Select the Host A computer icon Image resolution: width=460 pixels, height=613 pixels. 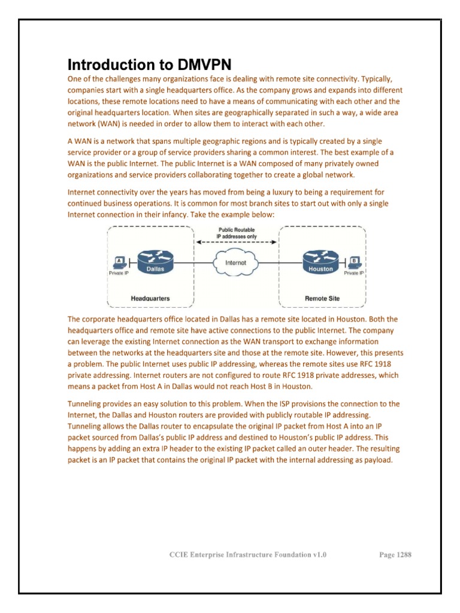coord(119,262)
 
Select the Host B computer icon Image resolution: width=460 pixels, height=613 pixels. coord(355,262)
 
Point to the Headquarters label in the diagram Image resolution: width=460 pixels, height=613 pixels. coord(150,298)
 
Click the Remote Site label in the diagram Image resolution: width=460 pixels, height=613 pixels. coord(322,298)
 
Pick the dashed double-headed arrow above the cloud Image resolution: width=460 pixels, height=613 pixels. coord(237,242)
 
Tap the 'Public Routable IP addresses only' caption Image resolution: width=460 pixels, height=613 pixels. coord(237,232)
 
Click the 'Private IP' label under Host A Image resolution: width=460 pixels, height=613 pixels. coord(118,273)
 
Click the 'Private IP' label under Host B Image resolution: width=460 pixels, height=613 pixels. coord(354,273)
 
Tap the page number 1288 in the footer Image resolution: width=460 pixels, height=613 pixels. coord(404,555)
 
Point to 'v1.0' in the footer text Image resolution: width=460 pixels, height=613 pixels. coord(319,555)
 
